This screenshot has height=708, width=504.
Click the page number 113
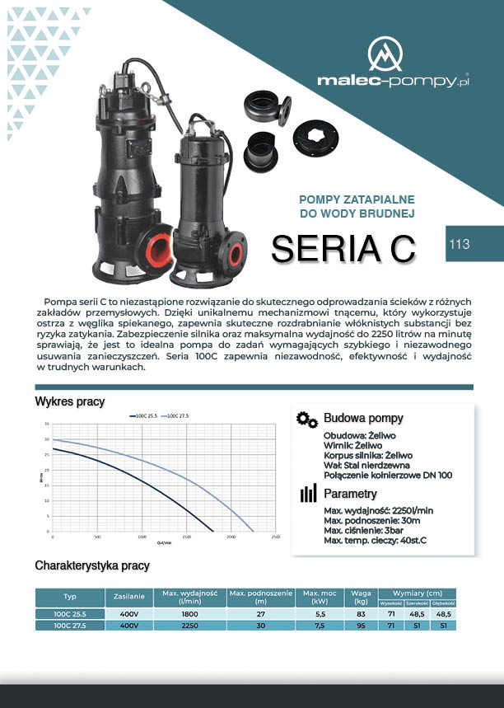[460, 244]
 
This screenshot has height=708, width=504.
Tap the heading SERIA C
[343, 249]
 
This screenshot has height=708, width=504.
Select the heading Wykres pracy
[70, 401]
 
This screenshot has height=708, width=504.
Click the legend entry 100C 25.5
[144, 415]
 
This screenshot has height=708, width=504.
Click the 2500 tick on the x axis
[275, 537]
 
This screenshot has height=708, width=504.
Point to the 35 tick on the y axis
[47, 424]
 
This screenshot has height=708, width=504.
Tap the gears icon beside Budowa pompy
[306, 419]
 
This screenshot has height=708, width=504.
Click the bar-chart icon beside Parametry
[307, 494]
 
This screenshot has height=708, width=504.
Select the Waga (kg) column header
[361, 598]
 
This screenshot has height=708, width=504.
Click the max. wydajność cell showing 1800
[189, 614]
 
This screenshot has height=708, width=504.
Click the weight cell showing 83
[361, 614]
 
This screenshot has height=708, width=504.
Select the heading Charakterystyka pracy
[92, 566]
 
